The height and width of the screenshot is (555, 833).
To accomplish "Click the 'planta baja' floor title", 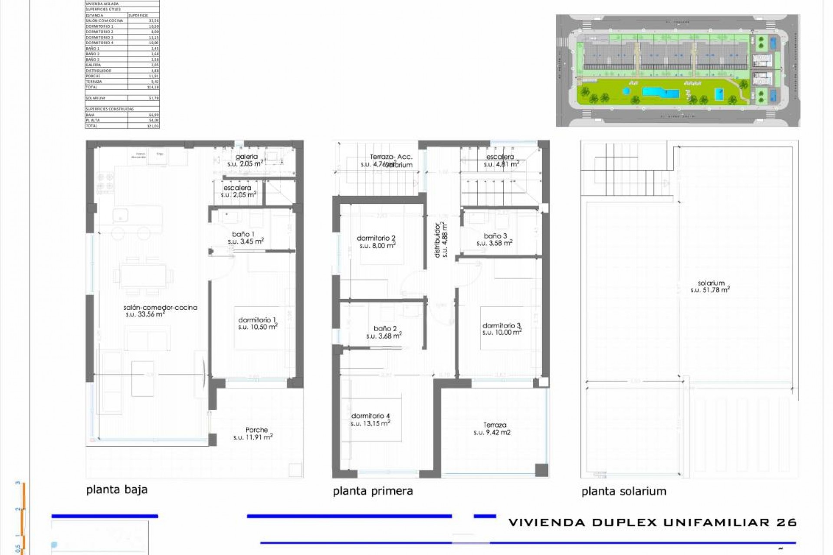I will (117, 490).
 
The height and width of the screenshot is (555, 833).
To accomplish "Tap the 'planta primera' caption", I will (373, 491).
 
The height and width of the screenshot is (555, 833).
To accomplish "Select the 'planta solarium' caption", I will (623, 491).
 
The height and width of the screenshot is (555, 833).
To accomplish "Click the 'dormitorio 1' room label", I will (257, 320).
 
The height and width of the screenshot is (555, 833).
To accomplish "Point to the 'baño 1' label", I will (243, 234).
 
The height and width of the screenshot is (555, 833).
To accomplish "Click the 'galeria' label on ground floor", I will (246, 157).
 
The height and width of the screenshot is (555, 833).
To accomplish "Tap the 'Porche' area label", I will (256, 430).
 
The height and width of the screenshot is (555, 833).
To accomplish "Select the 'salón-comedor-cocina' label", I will (160, 307).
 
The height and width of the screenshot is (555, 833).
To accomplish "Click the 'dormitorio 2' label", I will (376, 238).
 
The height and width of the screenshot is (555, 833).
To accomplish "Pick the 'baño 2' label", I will (385, 329).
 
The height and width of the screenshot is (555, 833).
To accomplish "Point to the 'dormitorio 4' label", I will (370, 416).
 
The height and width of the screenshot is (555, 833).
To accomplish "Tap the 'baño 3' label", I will (495, 236).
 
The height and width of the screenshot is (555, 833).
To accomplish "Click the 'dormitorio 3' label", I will (501, 325).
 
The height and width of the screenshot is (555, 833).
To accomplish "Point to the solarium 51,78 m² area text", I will (711, 287).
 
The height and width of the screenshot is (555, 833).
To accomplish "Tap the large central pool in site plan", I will (660, 92).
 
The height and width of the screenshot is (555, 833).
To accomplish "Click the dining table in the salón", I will (143, 276).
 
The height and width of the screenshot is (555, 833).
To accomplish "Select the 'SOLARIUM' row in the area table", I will (122, 98).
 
